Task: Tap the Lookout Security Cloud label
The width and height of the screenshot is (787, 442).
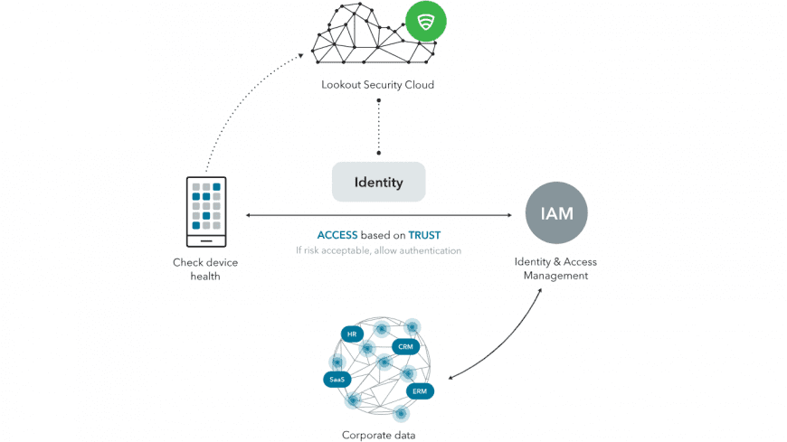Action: coord(378,86)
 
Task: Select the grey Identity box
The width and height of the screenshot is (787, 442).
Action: coord(379,183)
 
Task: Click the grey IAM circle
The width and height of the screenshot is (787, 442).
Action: coord(556,213)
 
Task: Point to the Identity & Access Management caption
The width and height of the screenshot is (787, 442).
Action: coord(555,268)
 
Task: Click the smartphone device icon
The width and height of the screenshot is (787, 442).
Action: coord(206,212)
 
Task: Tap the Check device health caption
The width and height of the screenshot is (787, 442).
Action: coord(205,269)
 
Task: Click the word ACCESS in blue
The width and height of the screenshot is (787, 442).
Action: coord(337,235)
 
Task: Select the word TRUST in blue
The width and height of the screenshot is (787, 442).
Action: coord(424,235)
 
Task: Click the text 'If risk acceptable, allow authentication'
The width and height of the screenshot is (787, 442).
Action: coord(378,250)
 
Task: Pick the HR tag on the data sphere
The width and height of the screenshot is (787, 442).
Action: coord(351,334)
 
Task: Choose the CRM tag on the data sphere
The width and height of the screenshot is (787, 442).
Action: coord(404,346)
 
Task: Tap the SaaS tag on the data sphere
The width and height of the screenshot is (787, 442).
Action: coord(336,379)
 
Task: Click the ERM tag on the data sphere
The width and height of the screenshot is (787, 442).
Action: coord(419,391)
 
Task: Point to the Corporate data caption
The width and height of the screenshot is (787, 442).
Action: coord(378,435)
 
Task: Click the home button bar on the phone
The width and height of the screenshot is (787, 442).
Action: coord(206,240)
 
